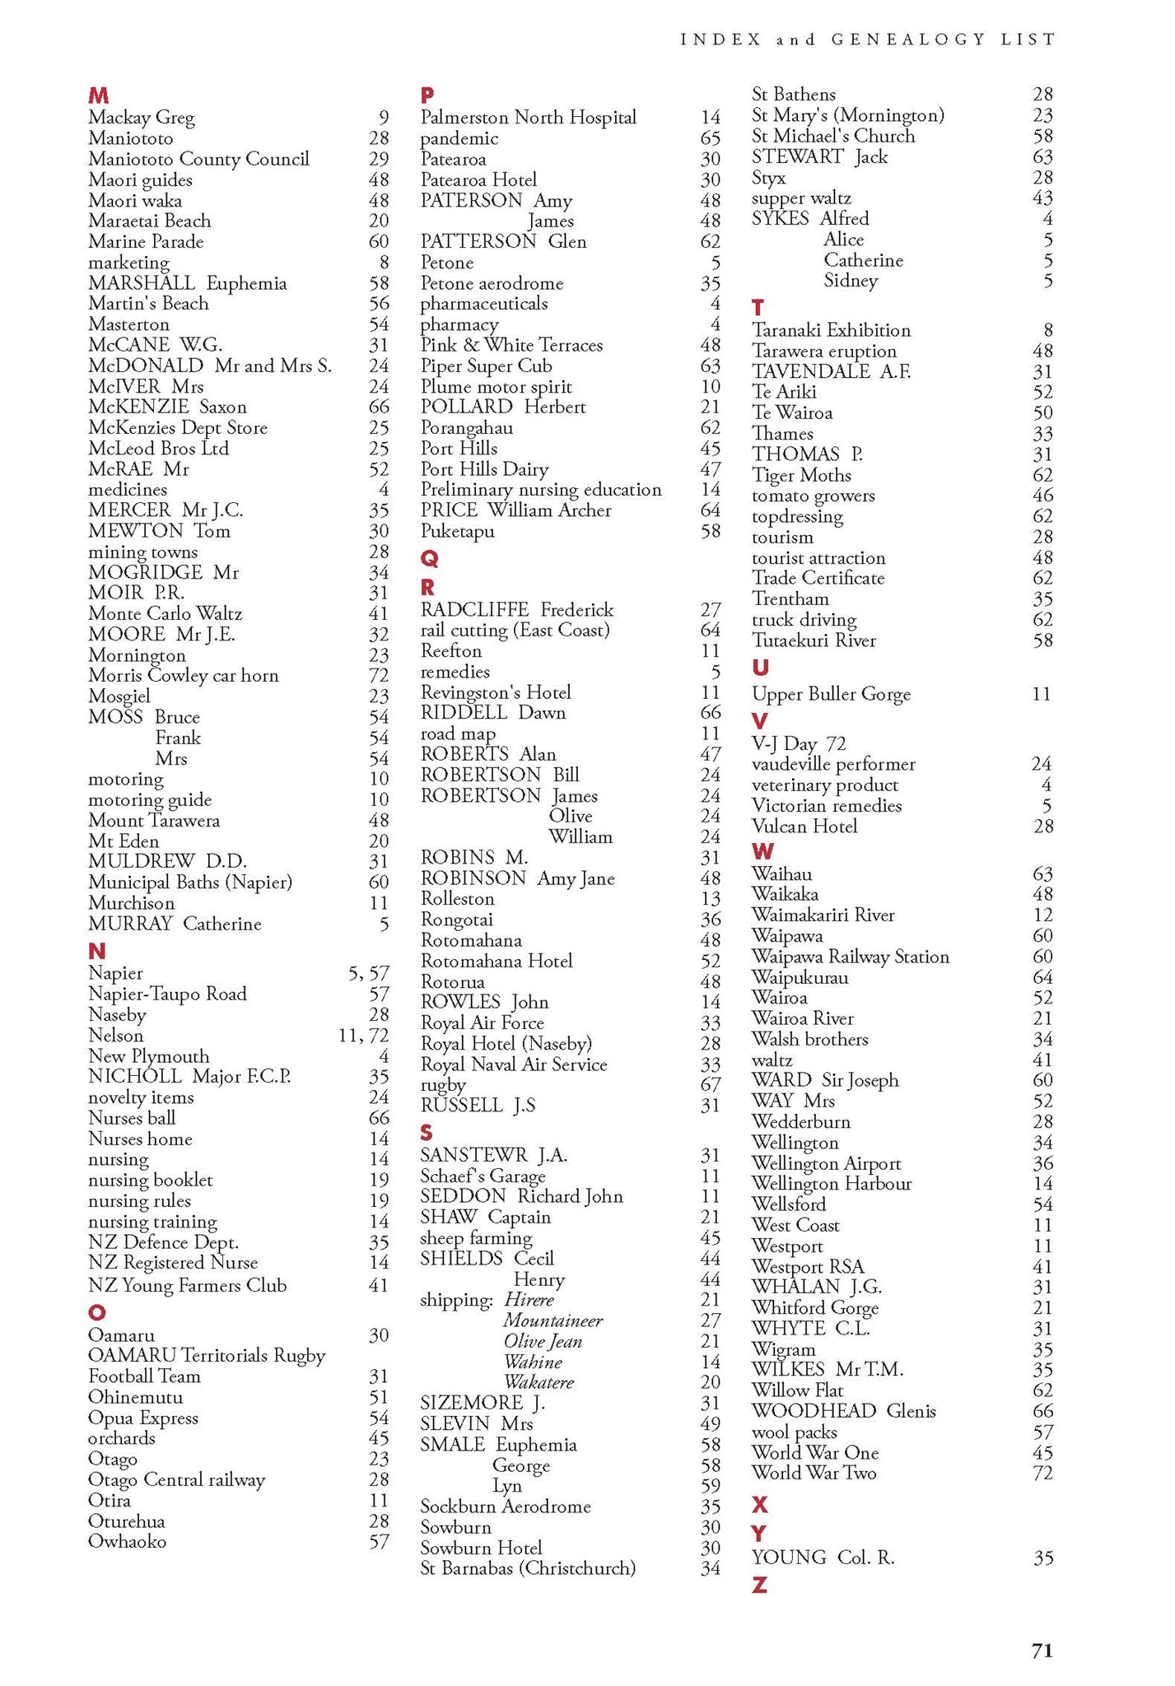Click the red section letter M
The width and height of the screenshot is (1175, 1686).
pos(98,95)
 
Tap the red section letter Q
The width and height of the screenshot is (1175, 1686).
pos(429,559)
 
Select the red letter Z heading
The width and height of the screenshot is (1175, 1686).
pos(759,1585)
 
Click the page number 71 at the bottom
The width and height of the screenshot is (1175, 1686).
pos(1042,1651)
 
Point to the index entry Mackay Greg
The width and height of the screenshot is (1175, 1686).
pos(142,118)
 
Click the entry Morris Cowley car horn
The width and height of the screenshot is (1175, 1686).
pos(184,676)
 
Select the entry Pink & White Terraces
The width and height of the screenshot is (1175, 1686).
pos(511,345)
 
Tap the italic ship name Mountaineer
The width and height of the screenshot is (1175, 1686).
pos(553,1320)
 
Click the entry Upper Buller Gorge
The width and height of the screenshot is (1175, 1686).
pos(831,694)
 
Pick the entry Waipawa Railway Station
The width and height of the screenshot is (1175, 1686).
pos(851,957)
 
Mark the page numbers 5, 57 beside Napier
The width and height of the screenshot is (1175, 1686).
pos(368,973)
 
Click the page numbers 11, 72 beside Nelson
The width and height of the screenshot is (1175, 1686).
pos(363,1036)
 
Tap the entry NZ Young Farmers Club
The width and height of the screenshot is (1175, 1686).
pos(188,1285)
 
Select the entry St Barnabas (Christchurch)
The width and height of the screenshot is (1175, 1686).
pos(528,1567)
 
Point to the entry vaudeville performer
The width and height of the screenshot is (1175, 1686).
pos(833,764)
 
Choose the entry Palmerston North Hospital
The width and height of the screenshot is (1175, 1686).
pos(528,118)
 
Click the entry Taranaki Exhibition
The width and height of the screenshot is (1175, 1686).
pos(831,330)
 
